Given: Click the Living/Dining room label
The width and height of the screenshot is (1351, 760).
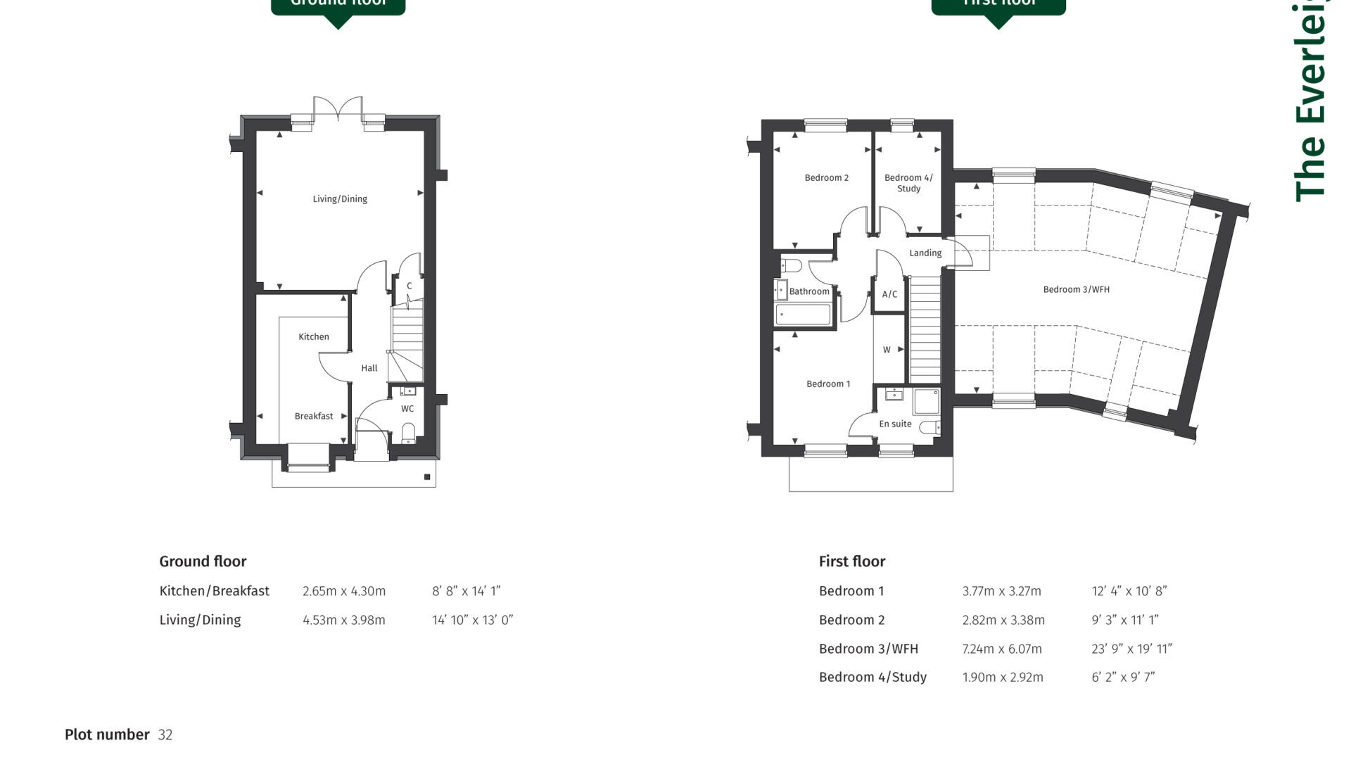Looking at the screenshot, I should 340,199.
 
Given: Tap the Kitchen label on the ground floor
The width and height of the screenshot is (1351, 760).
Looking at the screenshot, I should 313,337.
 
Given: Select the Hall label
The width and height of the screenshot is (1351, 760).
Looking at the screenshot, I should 369,368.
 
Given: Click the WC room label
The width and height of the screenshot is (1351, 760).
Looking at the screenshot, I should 407,409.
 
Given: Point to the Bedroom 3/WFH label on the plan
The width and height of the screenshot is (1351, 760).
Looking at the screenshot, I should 1076,289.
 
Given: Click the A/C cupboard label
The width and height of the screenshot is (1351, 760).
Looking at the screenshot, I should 889,294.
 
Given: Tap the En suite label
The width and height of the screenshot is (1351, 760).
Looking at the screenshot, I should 895,424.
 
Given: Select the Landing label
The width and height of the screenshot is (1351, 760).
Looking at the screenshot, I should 925,253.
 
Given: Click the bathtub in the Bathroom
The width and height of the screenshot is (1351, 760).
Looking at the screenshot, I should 803,315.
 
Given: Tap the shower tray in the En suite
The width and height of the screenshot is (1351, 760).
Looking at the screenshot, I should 925,402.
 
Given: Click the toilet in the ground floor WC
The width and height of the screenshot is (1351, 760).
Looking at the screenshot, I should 408,431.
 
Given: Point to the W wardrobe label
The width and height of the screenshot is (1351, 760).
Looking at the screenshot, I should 887,350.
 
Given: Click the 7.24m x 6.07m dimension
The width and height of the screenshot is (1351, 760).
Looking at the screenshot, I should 1001,649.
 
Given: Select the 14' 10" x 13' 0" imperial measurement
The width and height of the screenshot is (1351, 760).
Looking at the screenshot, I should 472,620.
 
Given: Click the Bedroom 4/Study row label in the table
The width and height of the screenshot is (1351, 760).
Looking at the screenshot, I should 873,677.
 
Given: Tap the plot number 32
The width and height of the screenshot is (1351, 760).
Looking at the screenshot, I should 165,735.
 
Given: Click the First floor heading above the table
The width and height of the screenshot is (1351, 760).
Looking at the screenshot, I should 851,562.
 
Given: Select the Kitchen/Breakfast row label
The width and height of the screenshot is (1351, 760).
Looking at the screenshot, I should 214,591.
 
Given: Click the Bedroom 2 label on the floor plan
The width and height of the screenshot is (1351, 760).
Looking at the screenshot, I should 826,178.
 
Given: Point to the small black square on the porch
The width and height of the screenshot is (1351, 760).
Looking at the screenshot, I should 427,477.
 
